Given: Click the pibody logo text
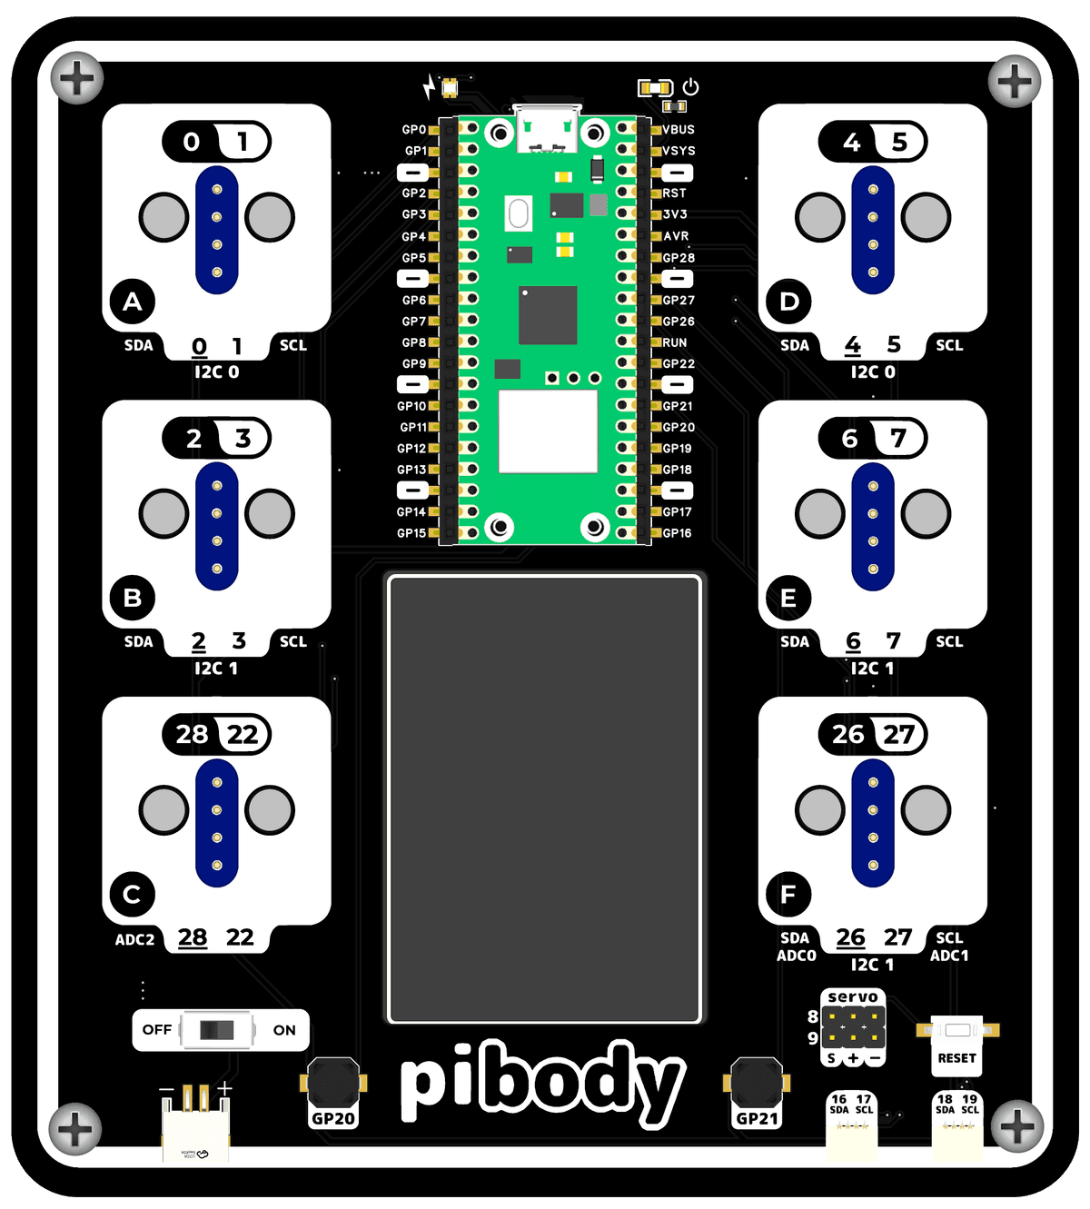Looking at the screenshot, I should (x=542, y=1083).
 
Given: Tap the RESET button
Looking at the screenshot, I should (x=957, y=1031).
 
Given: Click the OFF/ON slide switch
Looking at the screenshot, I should (x=217, y=1030).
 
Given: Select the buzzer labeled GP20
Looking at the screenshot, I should (x=333, y=1083).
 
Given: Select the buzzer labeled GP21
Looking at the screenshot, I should (x=757, y=1083).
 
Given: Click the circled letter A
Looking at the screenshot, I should (x=133, y=302).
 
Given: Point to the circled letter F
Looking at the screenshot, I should (x=788, y=895).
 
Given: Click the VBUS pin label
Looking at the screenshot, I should (x=679, y=130).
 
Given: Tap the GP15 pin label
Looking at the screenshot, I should (x=411, y=533).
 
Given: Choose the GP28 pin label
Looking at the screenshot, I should (x=679, y=258).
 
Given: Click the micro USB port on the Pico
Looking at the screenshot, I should (x=547, y=128).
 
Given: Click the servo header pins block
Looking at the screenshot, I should (x=853, y=1027).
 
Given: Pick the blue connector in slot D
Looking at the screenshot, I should (x=873, y=230).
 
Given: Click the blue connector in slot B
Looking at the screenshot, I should (x=217, y=526).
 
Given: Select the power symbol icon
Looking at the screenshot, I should (x=691, y=87).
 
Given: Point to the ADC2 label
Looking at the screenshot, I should (x=134, y=940).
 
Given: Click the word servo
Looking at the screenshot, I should (x=853, y=997).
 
